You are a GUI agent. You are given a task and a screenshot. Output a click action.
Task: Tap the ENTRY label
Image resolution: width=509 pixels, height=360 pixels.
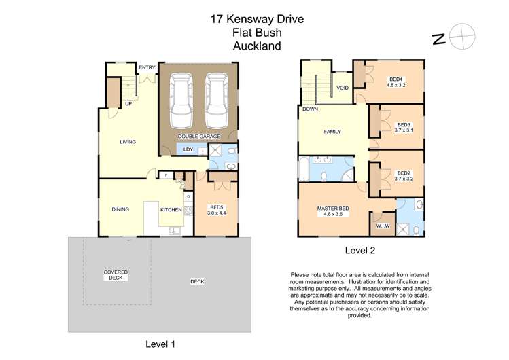(x=147, y=67)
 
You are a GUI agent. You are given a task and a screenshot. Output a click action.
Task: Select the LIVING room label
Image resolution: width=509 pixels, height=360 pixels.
(x=128, y=142)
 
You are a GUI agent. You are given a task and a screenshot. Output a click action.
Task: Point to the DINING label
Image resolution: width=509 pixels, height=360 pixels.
(x=120, y=209)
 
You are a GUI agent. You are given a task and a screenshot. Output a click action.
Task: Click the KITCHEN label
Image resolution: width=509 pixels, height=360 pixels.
(x=171, y=210)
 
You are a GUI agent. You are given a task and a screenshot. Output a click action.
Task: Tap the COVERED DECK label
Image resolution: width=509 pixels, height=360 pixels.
(x=116, y=274)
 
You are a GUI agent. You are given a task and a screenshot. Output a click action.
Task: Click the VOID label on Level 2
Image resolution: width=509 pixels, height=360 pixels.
(x=343, y=88)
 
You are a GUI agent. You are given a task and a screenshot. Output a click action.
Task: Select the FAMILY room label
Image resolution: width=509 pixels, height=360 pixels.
(x=332, y=132)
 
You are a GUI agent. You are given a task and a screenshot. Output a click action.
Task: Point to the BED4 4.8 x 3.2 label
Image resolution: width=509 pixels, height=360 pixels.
(x=396, y=82)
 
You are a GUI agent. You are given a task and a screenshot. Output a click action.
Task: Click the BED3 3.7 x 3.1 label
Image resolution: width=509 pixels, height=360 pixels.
(x=404, y=128)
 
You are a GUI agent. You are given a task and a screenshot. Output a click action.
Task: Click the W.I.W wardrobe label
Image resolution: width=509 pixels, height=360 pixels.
(x=382, y=227)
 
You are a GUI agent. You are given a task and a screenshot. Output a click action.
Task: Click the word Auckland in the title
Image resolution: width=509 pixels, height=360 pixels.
(x=256, y=46)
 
